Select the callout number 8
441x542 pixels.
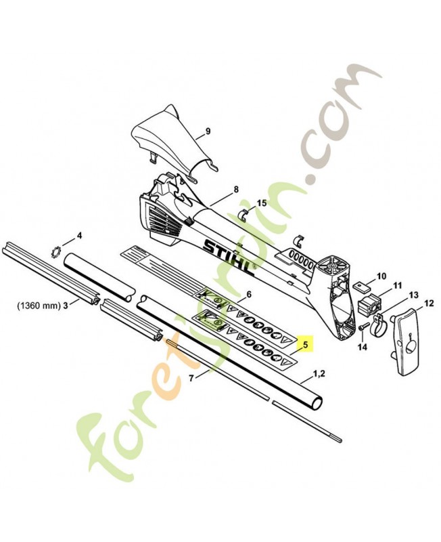point(236,189)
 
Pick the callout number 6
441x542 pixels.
point(249,294)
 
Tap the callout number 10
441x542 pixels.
point(381,276)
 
